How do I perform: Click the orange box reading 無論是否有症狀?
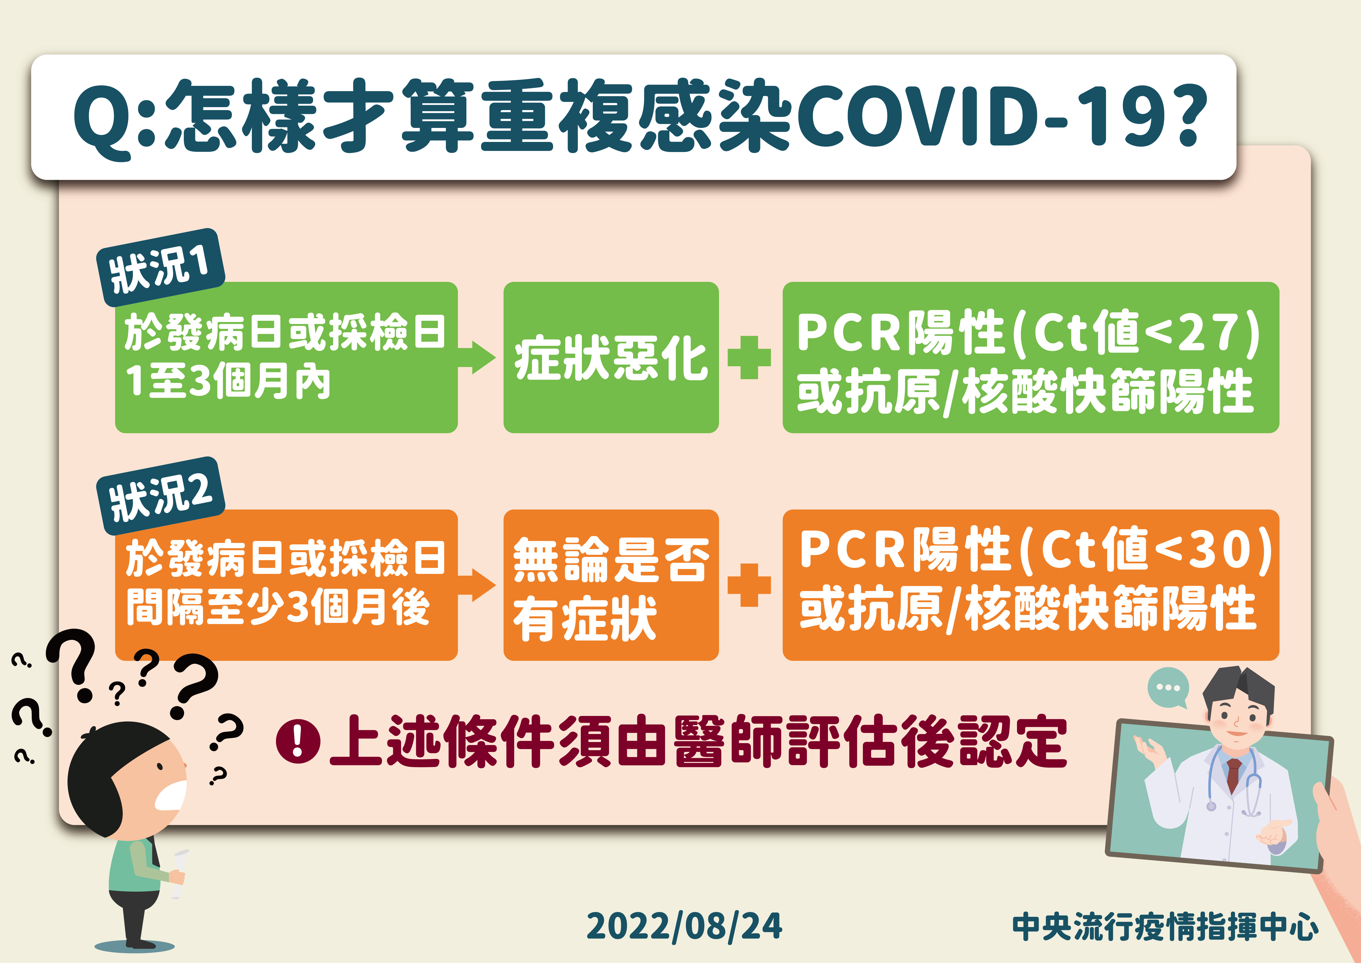[611, 585]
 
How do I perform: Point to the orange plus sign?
[749, 585]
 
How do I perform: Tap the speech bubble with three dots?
[1168, 688]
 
